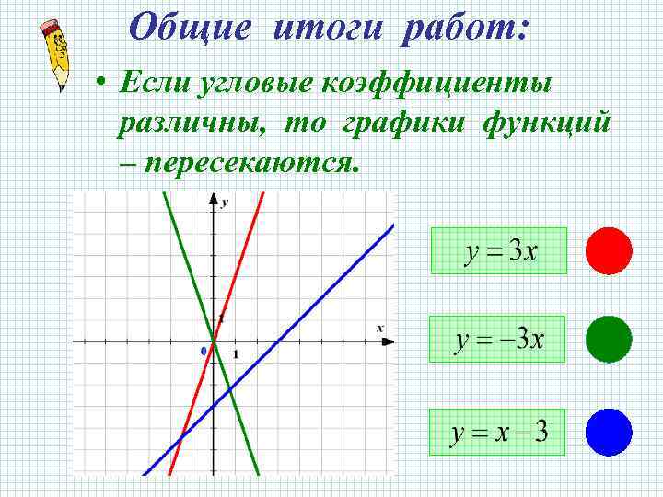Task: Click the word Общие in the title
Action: coord(189,27)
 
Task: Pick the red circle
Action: coord(609,251)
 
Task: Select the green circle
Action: coord(609,339)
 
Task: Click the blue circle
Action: coord(609,432)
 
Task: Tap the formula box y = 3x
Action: coord(498,250)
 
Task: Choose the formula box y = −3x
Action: coord(497,340)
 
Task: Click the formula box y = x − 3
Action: coord(497,432)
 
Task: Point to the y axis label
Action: coord(226,201)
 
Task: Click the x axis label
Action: coord(379,329)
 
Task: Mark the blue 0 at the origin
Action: coord(204,353)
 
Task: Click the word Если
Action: coord(152,85)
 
